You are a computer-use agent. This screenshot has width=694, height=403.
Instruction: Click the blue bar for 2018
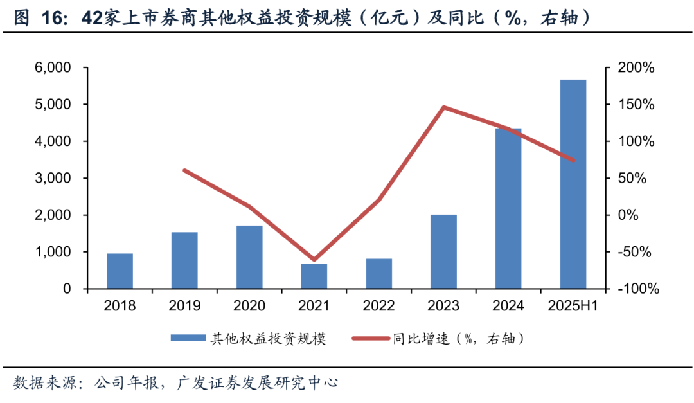[x=120, y=271]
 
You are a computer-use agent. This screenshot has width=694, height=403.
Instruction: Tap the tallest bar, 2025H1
[x=573, y=184]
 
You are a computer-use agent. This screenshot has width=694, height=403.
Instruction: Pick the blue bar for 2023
[x=443, y=251]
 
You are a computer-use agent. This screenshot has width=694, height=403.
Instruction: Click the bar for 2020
[x=249, y=256]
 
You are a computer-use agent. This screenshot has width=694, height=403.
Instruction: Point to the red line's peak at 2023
[x=443, y=107]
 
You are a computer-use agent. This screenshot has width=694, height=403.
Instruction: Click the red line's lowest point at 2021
[x=314, y=260]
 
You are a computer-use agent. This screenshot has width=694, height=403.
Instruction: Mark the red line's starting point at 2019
[x=184, y=170]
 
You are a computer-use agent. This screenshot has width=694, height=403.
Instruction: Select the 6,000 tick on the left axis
[x=52, y=67]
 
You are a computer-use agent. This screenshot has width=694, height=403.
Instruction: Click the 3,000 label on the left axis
[x=52, y=178]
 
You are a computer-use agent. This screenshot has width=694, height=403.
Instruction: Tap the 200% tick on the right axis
[x=636, y=67]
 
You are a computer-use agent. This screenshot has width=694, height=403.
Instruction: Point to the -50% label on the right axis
[x=636, y=252]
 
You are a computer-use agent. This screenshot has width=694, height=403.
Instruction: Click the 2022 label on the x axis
[x=378, y=306]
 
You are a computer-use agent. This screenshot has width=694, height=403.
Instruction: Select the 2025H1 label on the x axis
[x=573, y=306]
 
